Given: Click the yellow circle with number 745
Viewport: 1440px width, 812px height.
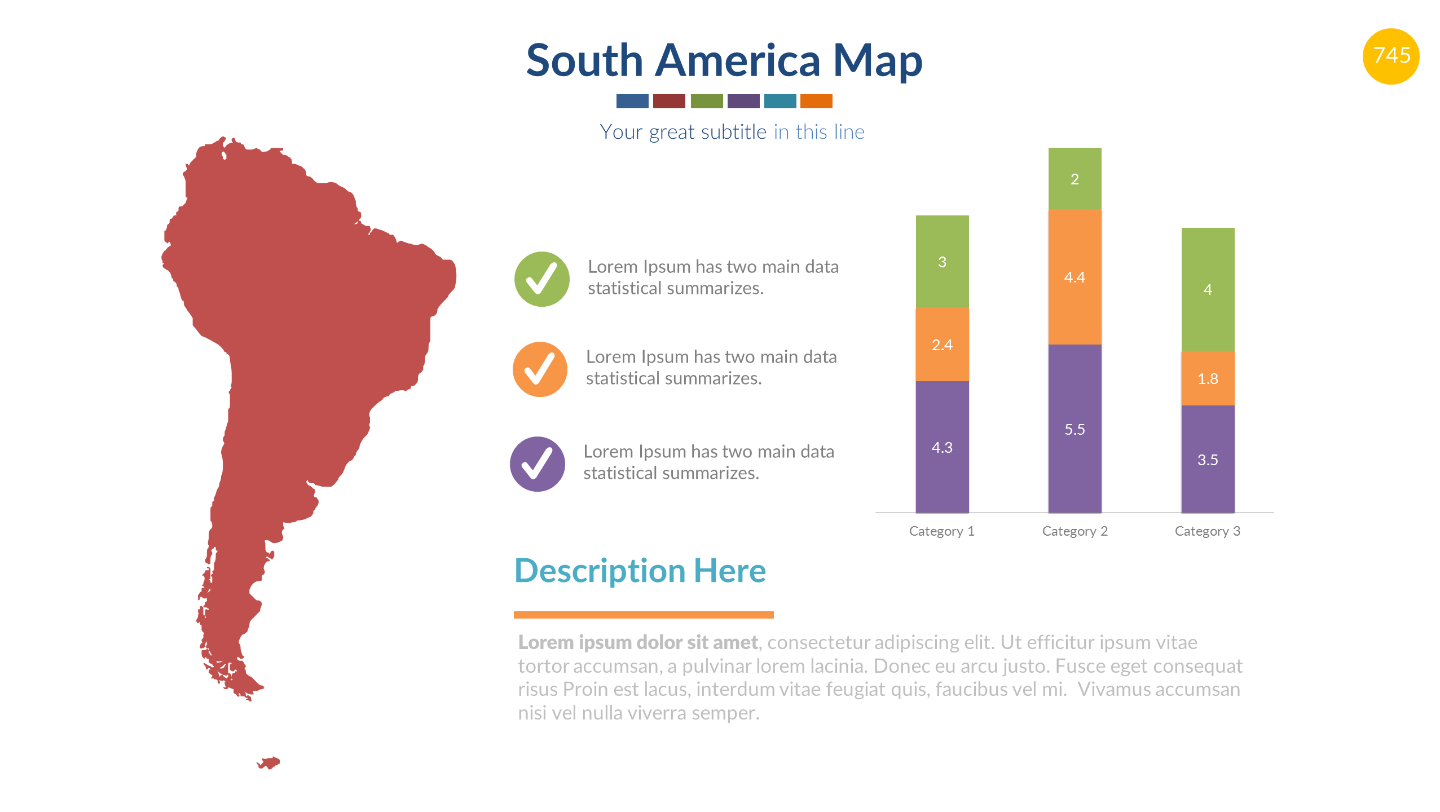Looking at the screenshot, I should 1390,56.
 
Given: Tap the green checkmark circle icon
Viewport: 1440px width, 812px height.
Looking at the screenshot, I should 541,279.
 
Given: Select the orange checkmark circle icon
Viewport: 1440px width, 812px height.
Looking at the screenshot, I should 540,369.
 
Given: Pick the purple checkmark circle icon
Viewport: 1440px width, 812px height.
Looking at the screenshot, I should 538,464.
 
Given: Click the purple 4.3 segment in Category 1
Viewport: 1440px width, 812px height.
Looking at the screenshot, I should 942,447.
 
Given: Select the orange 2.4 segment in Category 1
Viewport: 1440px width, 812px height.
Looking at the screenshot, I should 942,345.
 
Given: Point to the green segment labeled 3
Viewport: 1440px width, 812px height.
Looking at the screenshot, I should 942,262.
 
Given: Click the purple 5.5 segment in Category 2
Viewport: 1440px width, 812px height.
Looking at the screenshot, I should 1075,429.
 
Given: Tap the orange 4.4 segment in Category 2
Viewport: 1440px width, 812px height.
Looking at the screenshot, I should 1075,277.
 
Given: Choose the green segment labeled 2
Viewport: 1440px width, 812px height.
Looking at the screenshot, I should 1075,179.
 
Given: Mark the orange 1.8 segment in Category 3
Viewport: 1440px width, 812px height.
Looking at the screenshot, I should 1208,378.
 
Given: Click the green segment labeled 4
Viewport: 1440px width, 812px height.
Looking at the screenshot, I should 1208,289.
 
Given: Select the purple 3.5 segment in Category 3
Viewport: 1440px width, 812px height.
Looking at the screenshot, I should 1208,460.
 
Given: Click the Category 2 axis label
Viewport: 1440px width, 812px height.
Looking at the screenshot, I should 1075,531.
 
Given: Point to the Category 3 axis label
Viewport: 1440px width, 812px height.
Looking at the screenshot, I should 1207,531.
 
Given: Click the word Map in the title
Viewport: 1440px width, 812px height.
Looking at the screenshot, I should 877,61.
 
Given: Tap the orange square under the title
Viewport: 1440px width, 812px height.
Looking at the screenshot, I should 816,101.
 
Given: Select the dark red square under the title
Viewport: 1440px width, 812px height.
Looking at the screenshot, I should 669,101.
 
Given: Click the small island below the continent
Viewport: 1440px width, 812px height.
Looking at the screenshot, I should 270,763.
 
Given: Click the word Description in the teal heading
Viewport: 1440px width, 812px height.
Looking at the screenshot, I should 600,571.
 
